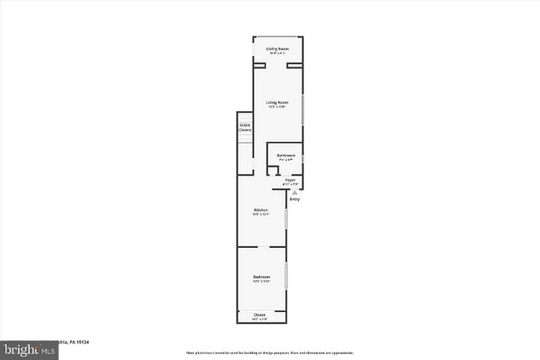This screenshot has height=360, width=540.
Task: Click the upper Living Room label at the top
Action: pyautogui.click(x=277, y=49)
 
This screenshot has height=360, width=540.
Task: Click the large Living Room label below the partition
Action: pyautogui.click(x=277, y=102)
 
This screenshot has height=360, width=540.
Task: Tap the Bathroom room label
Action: pyautogui.click(x=287, y=155)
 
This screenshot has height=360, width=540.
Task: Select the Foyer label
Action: pyautogui.click(x=290, y=180)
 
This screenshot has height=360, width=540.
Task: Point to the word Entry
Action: pyautogui.click(x=294, y=199)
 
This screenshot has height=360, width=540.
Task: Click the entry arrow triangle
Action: pyautogui.click(x=293, y=191)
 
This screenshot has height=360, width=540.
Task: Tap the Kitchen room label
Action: pyautogui.click(x=262, y=210)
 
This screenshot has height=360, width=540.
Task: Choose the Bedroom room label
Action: pyautogui.click(x=262, y=277)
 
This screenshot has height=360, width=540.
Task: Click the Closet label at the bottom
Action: pyautogui.click(x=260, y=314)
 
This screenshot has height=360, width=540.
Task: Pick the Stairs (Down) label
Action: pyautogui.click(x=245, y=128)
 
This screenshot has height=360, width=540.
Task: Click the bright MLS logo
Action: pyautogui.click(x=29, y=351)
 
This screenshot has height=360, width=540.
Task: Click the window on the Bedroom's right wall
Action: pyautogui.click(x=287, y=275)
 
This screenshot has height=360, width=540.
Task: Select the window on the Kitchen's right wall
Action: pyautogui.click(x=287, y=218)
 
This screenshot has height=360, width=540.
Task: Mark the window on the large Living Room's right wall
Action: pyautogui.click(x=303, y=107)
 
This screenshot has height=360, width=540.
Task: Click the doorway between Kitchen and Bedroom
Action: pyautogui.click(x=262, y=247)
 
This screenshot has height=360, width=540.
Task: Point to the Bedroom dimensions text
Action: pyautogui.click(x=262, y=282)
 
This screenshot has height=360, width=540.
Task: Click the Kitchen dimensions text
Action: pyautogui.click(x=262, y=215)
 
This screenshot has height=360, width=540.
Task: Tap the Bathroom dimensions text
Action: pyautogui.click(x=287, y=160)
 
